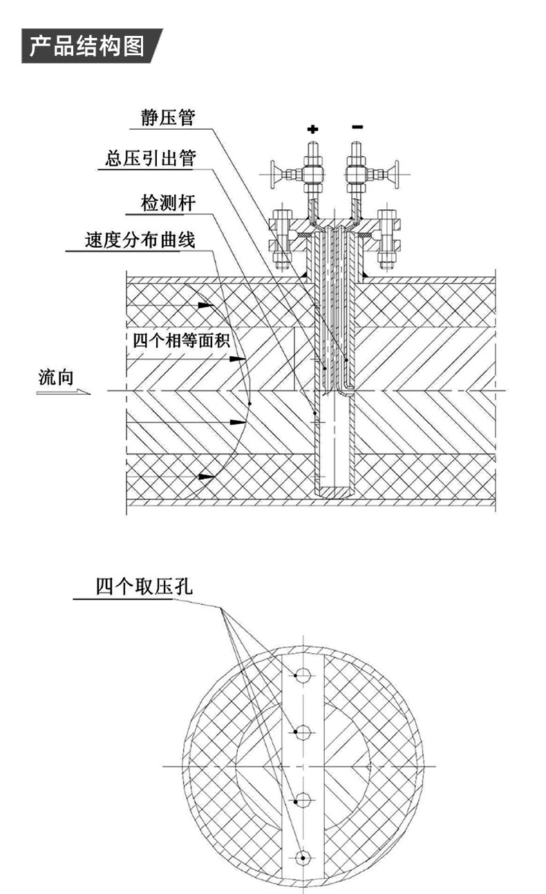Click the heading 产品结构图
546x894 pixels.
point(87,46)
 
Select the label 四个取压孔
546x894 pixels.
point(145,587)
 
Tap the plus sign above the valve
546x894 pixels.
point(313,128)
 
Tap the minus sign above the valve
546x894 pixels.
point(357,127)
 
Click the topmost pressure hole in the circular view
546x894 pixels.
point(303,675)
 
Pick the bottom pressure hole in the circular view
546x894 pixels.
point(303,858)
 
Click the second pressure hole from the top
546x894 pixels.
point(303,732)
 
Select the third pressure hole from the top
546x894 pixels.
point(303,801)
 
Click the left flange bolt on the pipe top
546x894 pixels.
point(281,238)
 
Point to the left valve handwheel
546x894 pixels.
point(275,173)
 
